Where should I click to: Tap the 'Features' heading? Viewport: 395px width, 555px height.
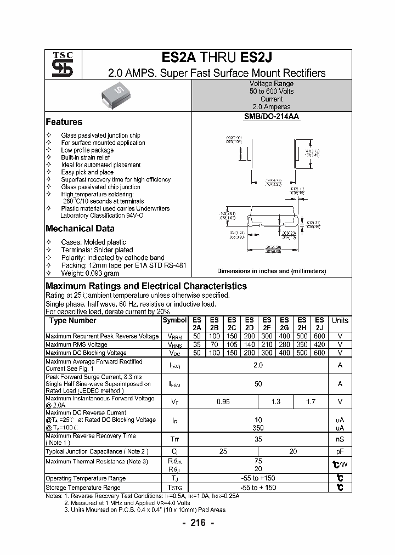[x=64, y=122]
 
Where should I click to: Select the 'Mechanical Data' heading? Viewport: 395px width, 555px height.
[x=80, y=229]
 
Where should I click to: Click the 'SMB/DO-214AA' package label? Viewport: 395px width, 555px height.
[x=272, y=117]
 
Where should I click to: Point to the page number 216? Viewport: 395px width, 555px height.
[x=198, y=523]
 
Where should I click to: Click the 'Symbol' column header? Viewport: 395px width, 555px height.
[x=174, y=320]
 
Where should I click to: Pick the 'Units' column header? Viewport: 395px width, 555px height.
[x=340, y=320]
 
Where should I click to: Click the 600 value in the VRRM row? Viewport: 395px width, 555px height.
[x=319, y=336]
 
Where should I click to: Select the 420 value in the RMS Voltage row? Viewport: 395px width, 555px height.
[x=319, y=344]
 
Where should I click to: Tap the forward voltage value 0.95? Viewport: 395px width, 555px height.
[x=223, y=402]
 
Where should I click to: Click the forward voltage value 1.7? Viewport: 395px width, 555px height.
[x=311, y=402]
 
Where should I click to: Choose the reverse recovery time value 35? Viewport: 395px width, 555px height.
[x=258, y=439]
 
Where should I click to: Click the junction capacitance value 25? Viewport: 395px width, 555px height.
[x=223, y=451]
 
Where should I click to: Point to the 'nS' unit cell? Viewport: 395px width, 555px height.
[x=340, y=439]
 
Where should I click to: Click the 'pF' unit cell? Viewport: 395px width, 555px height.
[x=340, y=451]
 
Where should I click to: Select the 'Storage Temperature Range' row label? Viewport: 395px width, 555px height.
[x=83, y=488]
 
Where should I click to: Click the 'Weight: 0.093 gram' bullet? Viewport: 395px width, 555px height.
[x=90, y=273]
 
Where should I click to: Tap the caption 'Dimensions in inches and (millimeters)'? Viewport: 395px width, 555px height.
[x=272, y=271]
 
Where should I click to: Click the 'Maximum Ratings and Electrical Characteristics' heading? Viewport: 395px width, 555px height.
[x=146, y=286]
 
